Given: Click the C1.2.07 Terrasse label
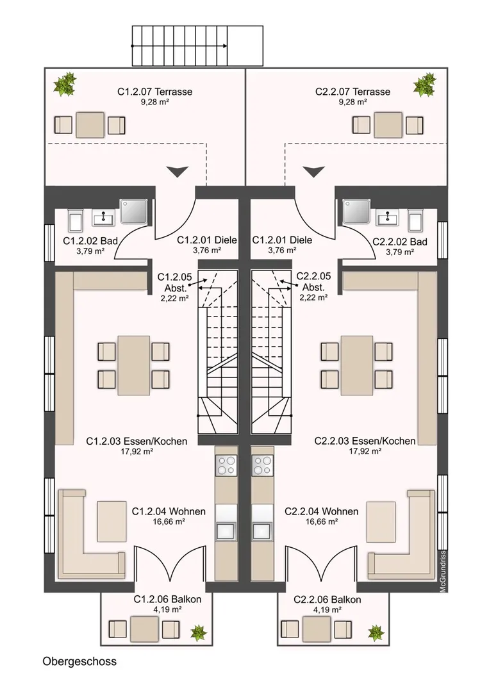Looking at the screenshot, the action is pyautogui.click(x=154, y=92).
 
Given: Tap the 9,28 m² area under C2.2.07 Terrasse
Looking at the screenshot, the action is pyautogui.click(x=352, y=102).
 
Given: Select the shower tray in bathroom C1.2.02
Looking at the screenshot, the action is pyautogui.click(x=134, y=211).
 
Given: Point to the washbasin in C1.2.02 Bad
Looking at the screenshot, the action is pyautogui.click(x=103, y=217).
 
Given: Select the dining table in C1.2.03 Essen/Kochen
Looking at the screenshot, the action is pyautogui.click(x=133, y=365).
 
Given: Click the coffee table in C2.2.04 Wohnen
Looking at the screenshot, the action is pyautogui.click(x=381, y=521).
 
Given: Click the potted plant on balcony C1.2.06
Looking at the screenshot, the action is pyautogui.click(x=198, y=633).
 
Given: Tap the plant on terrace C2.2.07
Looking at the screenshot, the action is pyautogui.click(x=424, y=85).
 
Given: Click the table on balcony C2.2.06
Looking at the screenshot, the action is pyautogui.click(x=316, y=629).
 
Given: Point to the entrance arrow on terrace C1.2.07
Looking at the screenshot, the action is pyautogui.click(x=178, y=171).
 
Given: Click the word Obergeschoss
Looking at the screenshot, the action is pyautogui.click(x=79, y=661).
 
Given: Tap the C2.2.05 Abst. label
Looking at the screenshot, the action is pyautogui.click(x=313, y=281).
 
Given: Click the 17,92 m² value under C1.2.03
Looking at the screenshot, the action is pyautogui.click(x=137, y=451).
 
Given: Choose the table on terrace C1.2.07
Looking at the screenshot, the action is pyautogui.click(x=90, y=125).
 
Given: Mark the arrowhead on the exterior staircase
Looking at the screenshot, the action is pyautogui.click(x=225, y=45).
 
